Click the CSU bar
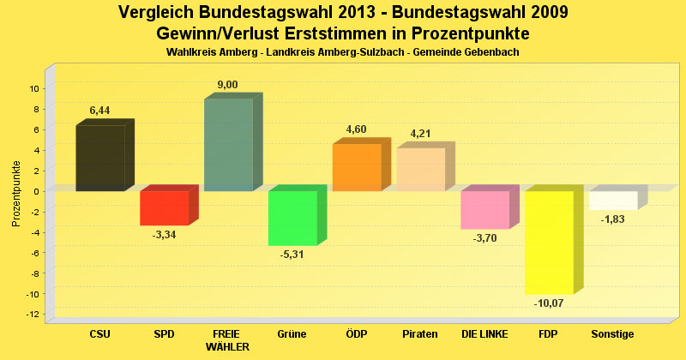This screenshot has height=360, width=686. [100, 158]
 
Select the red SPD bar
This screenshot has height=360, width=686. [164, 207]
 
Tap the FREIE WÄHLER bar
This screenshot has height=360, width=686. [228, 145]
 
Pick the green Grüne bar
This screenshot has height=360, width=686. [292, 218]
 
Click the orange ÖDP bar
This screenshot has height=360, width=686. [357, 167]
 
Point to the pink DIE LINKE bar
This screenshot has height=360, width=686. [484, 209]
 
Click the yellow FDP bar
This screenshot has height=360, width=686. [549, 242]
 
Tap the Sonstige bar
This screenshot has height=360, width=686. [613, 200]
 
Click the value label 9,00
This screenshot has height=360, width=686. [227, 84]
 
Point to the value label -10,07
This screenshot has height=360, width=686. [549, 303]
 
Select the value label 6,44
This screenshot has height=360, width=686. [100, 111]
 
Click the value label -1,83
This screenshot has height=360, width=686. [613, 219]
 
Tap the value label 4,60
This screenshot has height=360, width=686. [356, 129]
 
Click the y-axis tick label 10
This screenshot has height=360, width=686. [35, 88]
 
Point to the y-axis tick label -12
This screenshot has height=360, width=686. [33, 315]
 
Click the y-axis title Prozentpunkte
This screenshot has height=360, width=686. [15, 193]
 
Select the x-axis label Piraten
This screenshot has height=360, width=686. [419, 333]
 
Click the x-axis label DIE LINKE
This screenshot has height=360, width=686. [484, 333]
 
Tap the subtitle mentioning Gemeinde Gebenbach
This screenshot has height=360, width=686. [342, 52]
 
